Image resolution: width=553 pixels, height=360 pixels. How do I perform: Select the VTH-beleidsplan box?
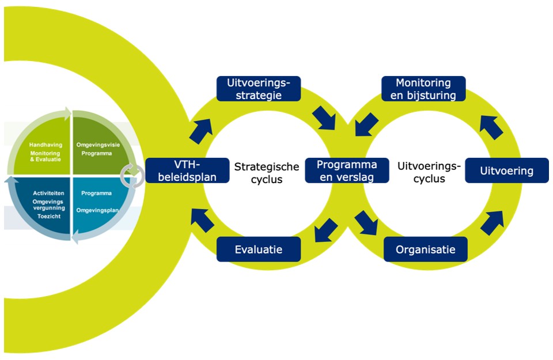pyautogui.click(x=181, y=170)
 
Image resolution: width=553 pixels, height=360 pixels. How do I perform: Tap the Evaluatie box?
pyautogui.click(x=259, y=249)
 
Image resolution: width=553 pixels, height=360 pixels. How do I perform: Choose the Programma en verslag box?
pyautogui.click(x=346, y=170)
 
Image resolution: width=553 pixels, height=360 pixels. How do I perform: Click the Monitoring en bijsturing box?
pyautogui.click(x=423, y=89)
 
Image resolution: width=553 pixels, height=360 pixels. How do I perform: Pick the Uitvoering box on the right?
pyautogui.click(x=507, y=170)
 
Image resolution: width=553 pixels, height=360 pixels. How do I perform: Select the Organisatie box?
pyautogui.click(x=425, y=249)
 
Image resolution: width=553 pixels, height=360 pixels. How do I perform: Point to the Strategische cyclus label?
pyautogui.click(x=267, y=172)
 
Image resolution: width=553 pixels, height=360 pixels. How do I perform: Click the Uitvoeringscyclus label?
pyautogui.click(x=429, y=172)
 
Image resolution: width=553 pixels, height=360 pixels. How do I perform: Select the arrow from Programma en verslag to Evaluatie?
pyautogui.click(x=325, y=230)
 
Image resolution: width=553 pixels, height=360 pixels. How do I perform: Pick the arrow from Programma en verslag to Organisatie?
pyautogui.click(x=366, y=222)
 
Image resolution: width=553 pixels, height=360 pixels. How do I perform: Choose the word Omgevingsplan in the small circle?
pyautogui.click(x=97, y=210)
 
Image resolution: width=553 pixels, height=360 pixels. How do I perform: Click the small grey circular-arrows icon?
pyautogui.click(x=133, y=175)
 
